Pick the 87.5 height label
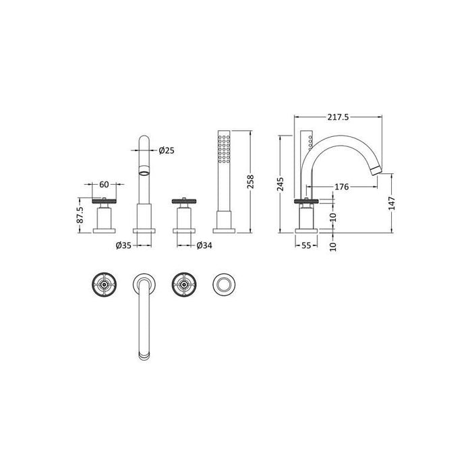(80, 214)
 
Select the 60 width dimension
(104, 184)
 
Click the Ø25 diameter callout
(167, 151)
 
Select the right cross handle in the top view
(183, 285)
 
